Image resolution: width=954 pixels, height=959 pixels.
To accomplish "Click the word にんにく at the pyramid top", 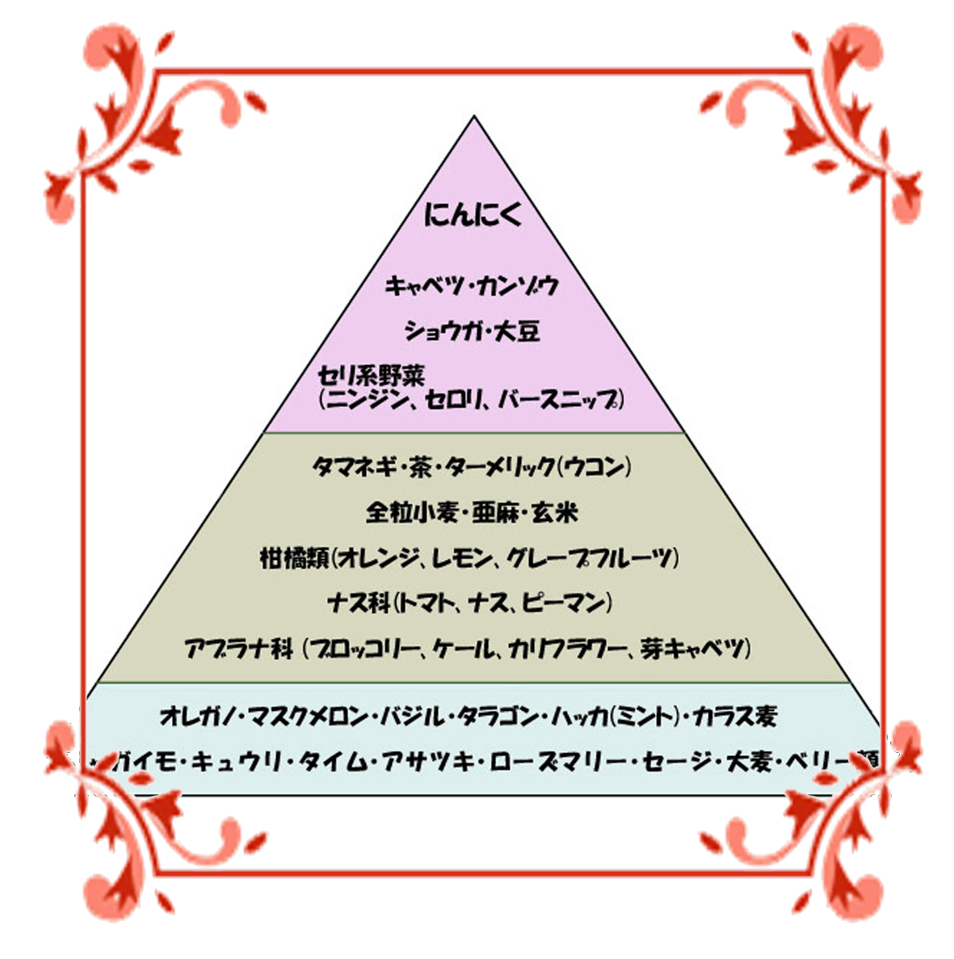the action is pyautogui.click(x=473, y=215).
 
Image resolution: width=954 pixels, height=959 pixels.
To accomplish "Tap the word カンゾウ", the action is pyautogui.click(x=517, y=286).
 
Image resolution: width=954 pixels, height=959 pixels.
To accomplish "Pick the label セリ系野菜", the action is pyautogui.click(x=371, y=376).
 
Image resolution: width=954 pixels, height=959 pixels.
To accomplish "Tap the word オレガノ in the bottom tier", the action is pyautogui.click(x=196, y=716).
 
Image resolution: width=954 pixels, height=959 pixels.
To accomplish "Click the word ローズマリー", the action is pyautogui.click(x=556, y=761).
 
